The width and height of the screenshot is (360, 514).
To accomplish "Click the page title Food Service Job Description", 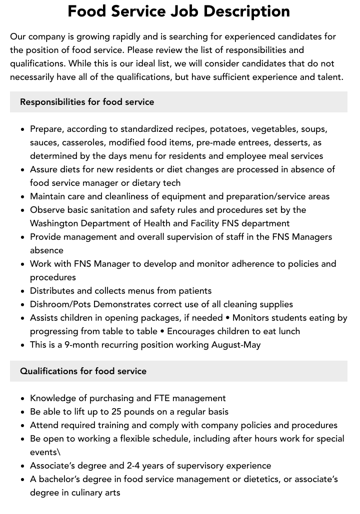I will point(178,11).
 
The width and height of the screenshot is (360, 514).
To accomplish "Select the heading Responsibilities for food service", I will point(87,102).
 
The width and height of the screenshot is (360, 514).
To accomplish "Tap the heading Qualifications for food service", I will point(83,371).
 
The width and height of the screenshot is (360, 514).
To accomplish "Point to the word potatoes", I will point(227,129).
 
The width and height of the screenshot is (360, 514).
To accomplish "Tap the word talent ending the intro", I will point(329,77).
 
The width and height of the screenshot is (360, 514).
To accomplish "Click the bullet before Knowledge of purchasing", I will point(23,399).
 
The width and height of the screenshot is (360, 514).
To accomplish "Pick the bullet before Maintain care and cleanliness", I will point(23,197).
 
